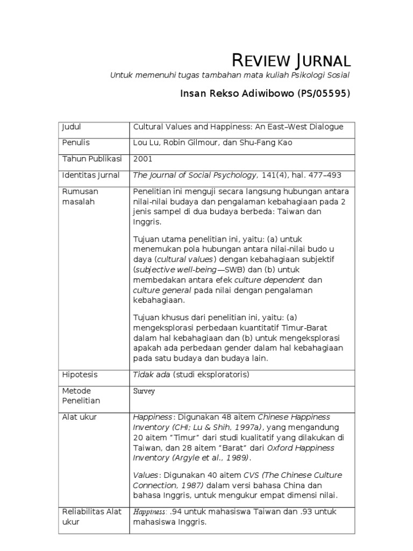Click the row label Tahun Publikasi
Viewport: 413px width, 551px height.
(92, 159)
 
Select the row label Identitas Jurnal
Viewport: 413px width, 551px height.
(91, 175)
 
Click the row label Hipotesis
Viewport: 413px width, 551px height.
(80, 375)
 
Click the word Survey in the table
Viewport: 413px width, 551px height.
(144, 391)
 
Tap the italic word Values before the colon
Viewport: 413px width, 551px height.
(145, 475)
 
